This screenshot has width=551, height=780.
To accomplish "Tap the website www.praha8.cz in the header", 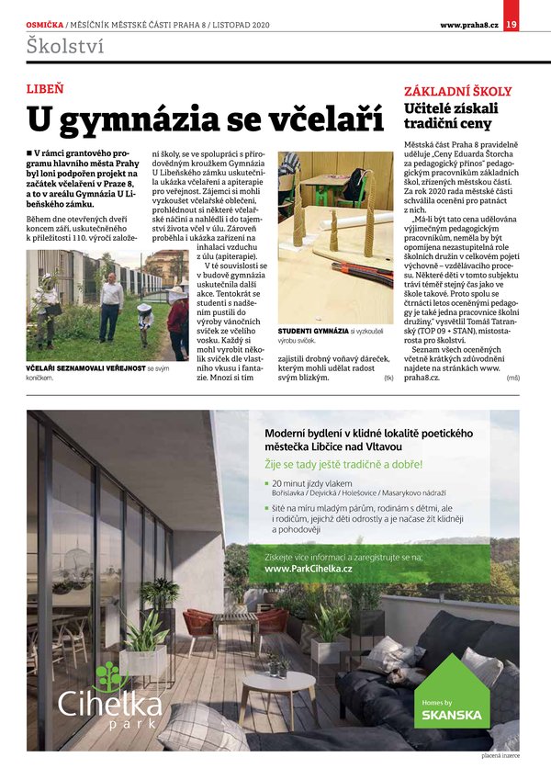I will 468,24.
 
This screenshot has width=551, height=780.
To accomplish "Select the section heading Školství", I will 65,43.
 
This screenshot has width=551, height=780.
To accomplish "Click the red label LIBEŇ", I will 45,89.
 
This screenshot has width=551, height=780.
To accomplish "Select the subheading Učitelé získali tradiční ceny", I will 448,116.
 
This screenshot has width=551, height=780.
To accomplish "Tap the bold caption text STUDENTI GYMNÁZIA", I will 312,330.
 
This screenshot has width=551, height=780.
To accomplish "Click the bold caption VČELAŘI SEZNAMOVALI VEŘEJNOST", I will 84,367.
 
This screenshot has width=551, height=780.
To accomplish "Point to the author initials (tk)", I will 388,378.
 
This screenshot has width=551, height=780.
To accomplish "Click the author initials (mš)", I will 512,378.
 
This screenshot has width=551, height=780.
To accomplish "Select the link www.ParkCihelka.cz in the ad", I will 308,570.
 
